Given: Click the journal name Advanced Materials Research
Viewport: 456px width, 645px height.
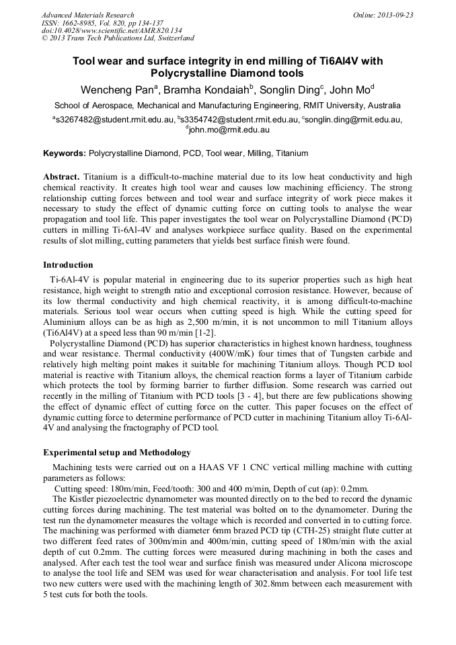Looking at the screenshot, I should click(x=87, y=15).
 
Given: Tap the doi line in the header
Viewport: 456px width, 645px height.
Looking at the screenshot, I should click(x=112, y=30).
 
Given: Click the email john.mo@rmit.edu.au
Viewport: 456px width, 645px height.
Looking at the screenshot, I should click(x=229, y=130).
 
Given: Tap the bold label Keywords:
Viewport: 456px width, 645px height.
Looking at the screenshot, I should click(x=65, y=153).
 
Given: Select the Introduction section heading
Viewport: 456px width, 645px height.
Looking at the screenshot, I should click(x=68, y=264).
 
